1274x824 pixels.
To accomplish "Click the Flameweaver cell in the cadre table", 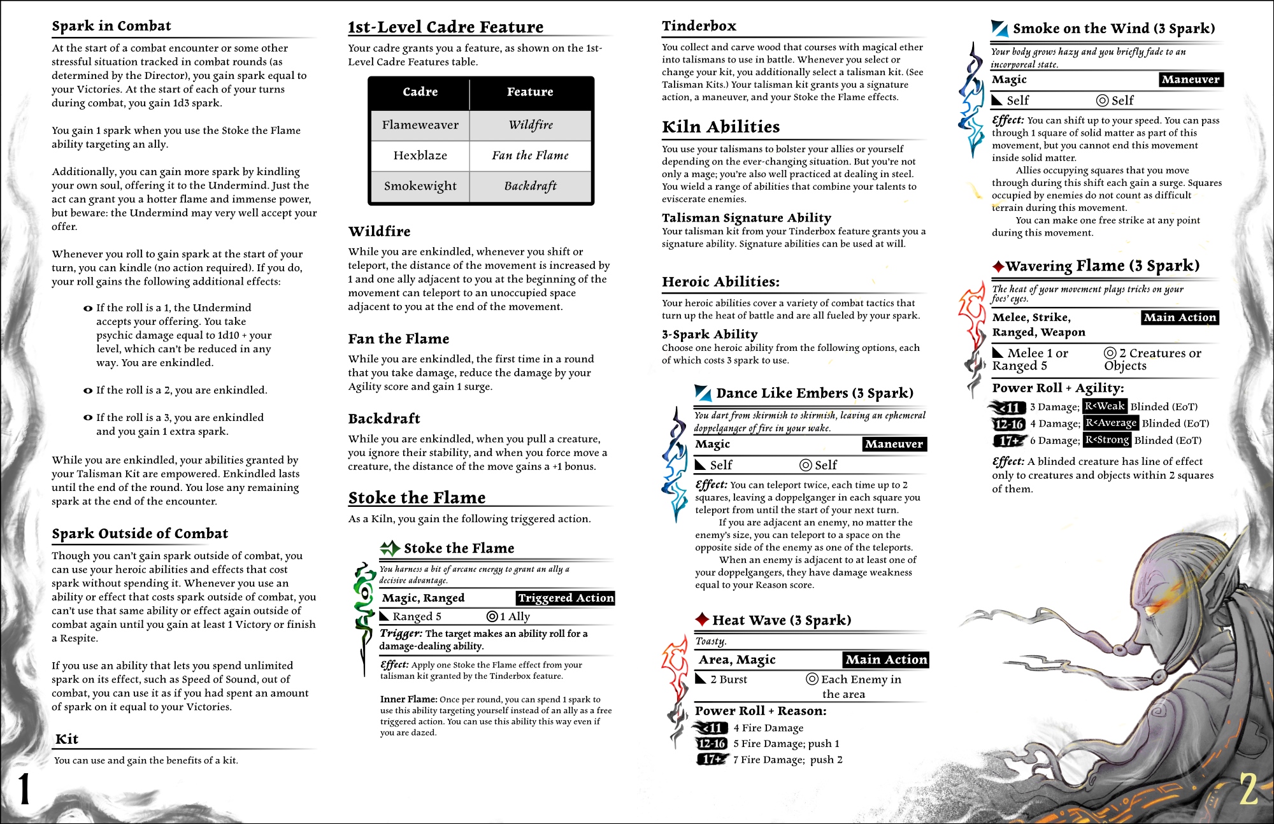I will pyautogui.click(x=420, y=125).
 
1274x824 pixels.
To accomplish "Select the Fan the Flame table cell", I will pyautogui.click(x=530, y=155).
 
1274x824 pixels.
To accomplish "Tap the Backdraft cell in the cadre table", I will pyautogui.click(x=530, y=186).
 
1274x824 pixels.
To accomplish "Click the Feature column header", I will pyautogui.click(x=530, y=92).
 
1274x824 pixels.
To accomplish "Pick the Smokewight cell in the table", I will pyautogui.click(x=420, y=186).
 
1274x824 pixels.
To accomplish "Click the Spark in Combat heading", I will pyautogui.click(x=111, y=26).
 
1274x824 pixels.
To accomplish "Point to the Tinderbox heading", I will pyautogui.click(x=699, y=26).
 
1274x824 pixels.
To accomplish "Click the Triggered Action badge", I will pyautogui.click(x=566, y=598).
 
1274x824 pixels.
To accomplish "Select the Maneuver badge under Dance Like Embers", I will pyautogui.click(x=894, y=444).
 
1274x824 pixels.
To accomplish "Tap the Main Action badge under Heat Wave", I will pyautogui.click(x=886, y=660).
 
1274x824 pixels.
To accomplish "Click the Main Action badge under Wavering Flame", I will pyautogui.click(x=1180, y=317).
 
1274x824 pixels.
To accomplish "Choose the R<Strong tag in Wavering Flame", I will pyautogui.click(x=1107, y=439).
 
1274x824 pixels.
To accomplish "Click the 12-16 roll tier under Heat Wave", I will pyautogui.click(x=712, y=743).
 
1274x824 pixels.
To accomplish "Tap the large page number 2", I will pyautogui.click(x=1249, y=790).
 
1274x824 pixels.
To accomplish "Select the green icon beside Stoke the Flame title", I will pyautogui.click(x=389, y=548).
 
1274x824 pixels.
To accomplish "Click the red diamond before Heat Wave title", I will pyautogui.click(x=702, y=620).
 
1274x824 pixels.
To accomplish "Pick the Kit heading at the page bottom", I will pyautogui.click(x=67, y=739).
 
